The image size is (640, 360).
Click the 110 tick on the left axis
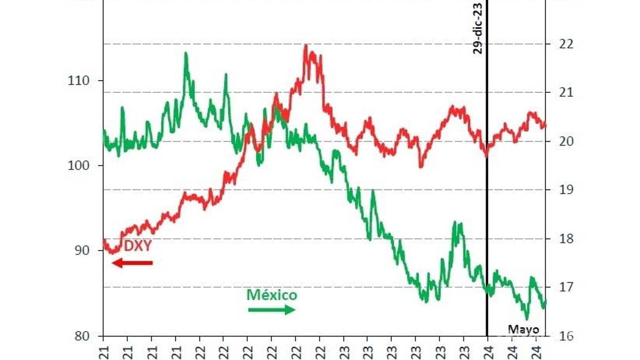point(78,81)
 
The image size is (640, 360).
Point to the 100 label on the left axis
point(78,166)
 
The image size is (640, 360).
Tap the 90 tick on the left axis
point(82,251)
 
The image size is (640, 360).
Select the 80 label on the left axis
point(82,336)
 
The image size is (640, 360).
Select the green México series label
point(272,295)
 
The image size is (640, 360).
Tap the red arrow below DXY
point(132,262)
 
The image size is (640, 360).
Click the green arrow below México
point(272,309)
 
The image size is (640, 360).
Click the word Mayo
point(523,329)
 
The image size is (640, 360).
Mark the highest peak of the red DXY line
point(306,46)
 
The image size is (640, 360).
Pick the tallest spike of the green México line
point(186,53)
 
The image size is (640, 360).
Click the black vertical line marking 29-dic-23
point(487,194)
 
